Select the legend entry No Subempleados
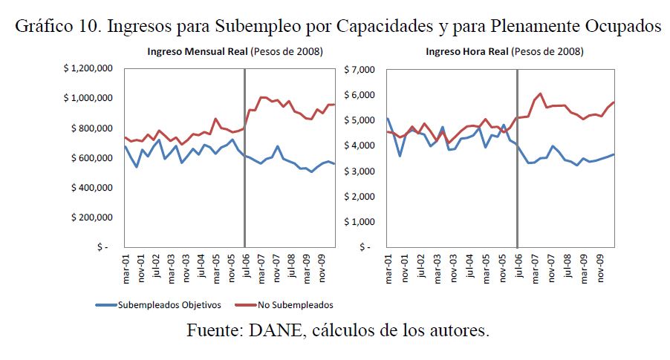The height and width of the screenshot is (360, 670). click(x=296, y=304)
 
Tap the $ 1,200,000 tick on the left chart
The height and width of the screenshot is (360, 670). click(x=88, y=68)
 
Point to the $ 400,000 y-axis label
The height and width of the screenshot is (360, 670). click(x=91, y=187)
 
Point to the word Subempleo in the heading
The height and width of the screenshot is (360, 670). click(x=249, y=27)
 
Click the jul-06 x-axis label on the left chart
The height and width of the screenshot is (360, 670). click(x=248, y=266)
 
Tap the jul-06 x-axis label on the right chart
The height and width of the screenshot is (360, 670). click(x=517, y=266)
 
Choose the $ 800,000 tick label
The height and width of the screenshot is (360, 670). click(x=91, y=128)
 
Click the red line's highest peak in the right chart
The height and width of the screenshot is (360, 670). click(x=540, y=94)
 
